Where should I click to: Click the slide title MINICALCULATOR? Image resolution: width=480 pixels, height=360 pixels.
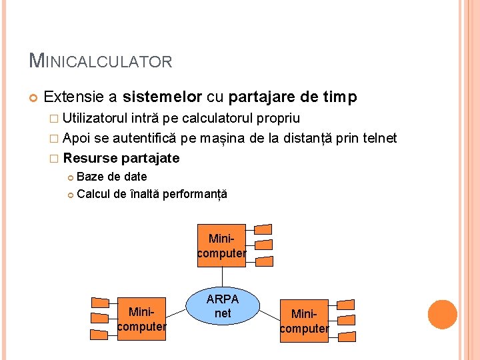(101, 61)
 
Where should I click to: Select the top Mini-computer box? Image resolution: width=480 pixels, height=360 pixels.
(221, 245)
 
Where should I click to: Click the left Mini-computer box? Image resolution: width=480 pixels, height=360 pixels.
(141, 319)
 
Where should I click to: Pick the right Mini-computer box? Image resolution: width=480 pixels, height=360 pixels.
(304, 321)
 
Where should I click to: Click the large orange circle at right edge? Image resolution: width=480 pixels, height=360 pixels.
(442, 315)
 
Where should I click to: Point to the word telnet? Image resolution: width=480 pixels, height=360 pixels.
(377, 138)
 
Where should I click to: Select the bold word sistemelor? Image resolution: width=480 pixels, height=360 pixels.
(162, 97)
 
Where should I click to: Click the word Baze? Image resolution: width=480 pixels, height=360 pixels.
(89, 177)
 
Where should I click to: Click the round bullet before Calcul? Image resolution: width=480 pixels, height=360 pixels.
(70, 195)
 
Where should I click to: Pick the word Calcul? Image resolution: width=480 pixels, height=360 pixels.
(92, 195)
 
